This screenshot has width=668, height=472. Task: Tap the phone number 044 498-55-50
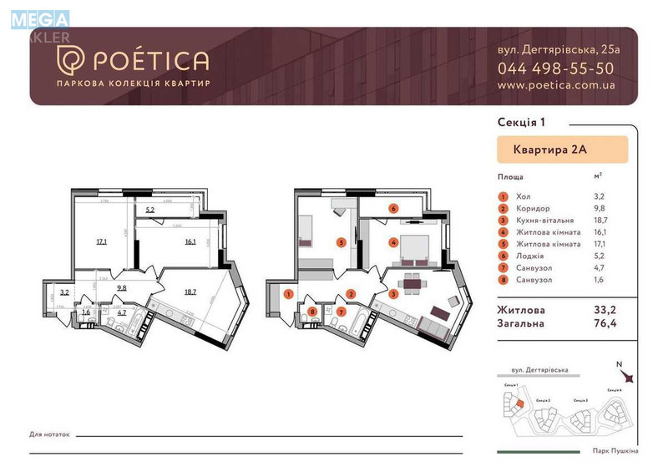click(555, 69)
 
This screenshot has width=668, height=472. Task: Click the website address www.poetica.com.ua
click(556, 84)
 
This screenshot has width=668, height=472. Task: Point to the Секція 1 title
click(521, 122)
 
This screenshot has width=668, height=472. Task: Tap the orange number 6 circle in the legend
click(503, 256)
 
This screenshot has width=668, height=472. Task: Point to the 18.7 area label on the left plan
click(190, 292)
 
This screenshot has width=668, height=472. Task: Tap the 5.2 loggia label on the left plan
click(150, 210)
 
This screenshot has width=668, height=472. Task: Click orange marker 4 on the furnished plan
click(392, 243)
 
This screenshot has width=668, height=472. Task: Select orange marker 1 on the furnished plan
click(288, 293)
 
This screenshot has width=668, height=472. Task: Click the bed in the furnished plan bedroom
click(413, 246)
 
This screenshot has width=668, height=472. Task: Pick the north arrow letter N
click(618, 363)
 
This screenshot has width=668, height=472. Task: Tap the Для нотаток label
click(50, 435)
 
